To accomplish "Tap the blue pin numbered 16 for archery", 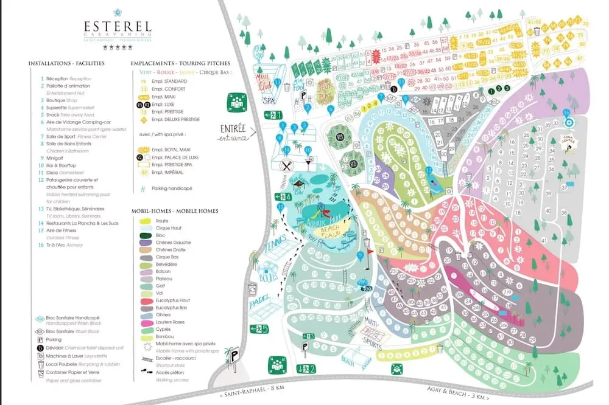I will point(566,113).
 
